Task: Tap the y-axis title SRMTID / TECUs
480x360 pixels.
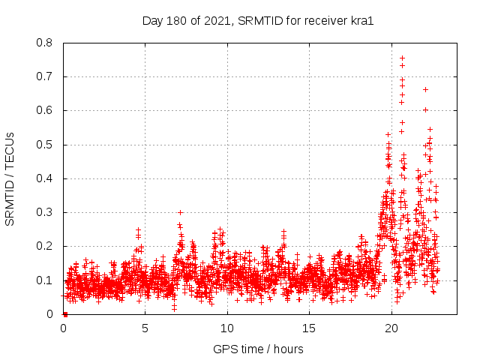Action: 10,178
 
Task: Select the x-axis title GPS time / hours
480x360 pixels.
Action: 259,349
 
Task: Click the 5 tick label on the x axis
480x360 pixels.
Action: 145,328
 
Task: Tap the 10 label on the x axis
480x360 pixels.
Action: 226,328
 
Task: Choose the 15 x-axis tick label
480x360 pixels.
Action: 309,328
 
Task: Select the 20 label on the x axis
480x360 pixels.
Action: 391,328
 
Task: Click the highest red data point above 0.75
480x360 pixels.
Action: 402,58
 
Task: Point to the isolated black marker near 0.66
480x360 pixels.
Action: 425,89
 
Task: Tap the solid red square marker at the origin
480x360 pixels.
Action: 65,313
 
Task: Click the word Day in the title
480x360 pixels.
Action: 152,20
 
